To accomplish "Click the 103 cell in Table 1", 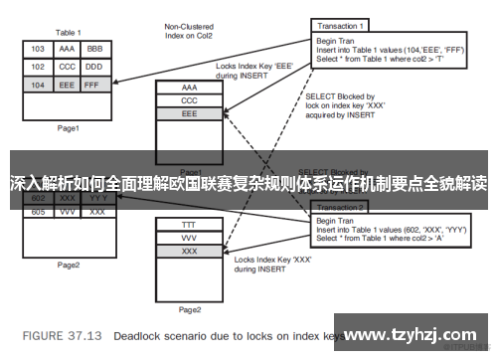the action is click(37, 48).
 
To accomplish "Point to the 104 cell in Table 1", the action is click(37, 86).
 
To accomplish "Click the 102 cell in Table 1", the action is click(37, 67).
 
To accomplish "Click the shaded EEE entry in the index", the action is click(189, 114).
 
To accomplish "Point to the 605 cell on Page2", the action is click(38, 212).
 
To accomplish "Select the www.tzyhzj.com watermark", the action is click(423, 333).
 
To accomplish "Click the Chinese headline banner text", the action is click(248, 183).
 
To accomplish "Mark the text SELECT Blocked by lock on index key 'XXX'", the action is click(344, 104).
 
